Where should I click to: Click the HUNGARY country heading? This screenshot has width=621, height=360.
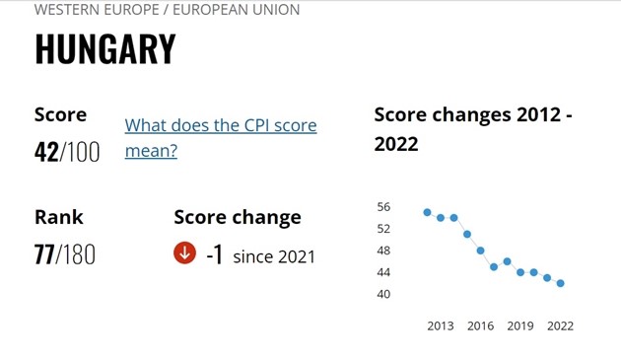click(105, 50)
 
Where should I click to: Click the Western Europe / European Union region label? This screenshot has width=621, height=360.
click(167, 10)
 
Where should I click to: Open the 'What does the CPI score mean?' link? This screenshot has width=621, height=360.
click(220, 138)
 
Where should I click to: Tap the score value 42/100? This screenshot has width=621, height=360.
click(67, 152)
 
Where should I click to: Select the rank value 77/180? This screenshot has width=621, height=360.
click(65, 254)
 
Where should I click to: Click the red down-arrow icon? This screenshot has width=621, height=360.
click(184, 253)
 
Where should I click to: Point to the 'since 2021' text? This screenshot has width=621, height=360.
click(274, 256)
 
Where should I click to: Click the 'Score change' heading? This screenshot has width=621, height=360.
click(238, 217)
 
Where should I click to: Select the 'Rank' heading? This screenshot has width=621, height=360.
click(59, 217)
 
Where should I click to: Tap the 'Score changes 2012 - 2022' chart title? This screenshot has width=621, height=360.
click(473, 129)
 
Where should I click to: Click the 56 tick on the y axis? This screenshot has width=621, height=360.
click(383, 207)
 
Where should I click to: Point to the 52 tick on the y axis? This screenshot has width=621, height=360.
click(383, 229)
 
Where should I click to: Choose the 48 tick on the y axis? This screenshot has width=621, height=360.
click(383, 251)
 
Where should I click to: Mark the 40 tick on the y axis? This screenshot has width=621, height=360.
click(383, 294)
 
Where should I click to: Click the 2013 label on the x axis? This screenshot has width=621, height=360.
click(441, 325)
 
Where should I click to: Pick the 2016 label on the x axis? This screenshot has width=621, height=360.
click(480, 325)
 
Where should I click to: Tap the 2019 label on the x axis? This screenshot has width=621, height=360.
click(520, 325)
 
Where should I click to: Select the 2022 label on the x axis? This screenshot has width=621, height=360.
click(560, 325)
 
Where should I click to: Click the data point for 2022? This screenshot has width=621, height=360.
click(561, 283)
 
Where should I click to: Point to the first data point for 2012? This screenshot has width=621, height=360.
click(427, 212)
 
